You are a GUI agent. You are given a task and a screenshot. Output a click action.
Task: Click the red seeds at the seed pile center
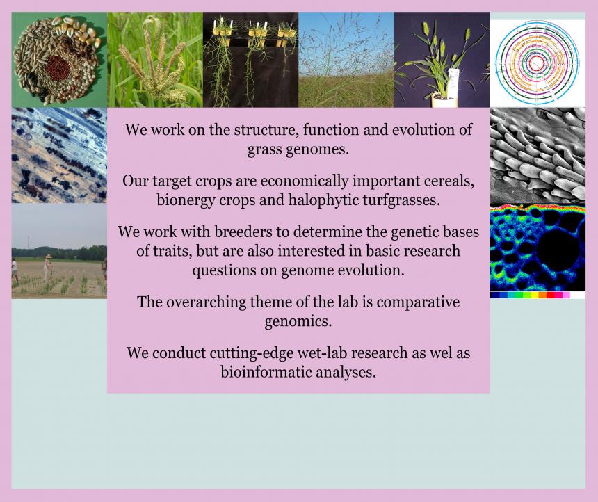58,67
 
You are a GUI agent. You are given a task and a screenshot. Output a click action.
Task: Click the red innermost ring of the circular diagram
536,61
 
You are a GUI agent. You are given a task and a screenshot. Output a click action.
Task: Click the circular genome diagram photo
538,63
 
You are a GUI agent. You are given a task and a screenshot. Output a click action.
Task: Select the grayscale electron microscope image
538,155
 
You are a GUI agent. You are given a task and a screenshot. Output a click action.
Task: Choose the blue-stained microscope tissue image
59,155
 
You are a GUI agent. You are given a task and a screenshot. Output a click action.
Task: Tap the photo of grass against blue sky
346,60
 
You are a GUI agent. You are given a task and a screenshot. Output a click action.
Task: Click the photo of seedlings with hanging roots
250,60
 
